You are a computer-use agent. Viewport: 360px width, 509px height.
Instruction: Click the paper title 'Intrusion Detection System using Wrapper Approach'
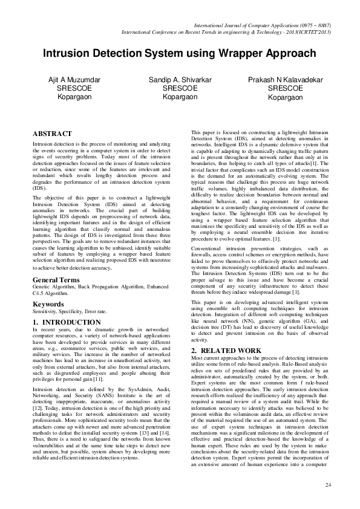coord(180,54)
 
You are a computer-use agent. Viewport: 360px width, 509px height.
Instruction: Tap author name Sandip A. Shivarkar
coord(180,80)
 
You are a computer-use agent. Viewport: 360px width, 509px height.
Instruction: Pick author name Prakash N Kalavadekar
coord(285,80)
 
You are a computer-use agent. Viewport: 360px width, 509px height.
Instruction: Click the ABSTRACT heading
coord(51,134)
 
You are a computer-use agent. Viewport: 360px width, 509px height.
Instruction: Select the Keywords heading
coord(48,303)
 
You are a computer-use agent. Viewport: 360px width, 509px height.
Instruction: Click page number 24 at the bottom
coord(329,485)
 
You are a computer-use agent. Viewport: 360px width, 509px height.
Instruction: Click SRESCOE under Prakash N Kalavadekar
coord(285,88)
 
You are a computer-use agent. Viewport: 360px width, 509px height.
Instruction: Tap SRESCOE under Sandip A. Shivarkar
coord(180,88)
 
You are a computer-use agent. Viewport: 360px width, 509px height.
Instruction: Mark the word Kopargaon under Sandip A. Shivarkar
coord(180,97)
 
